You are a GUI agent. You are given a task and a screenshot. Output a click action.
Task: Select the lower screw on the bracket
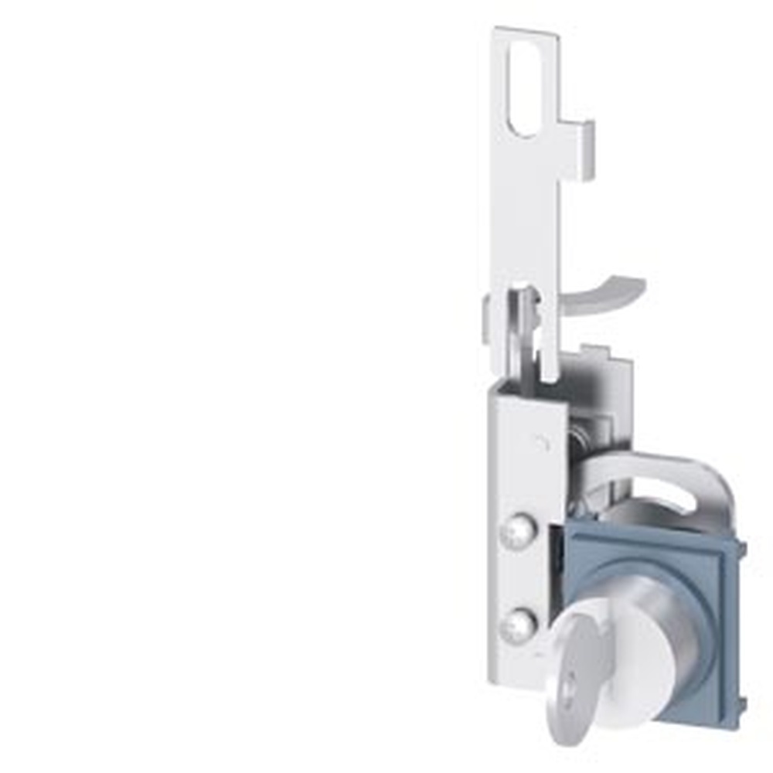coord(516,625)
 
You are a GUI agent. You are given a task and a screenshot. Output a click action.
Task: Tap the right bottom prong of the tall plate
coord(549,363)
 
